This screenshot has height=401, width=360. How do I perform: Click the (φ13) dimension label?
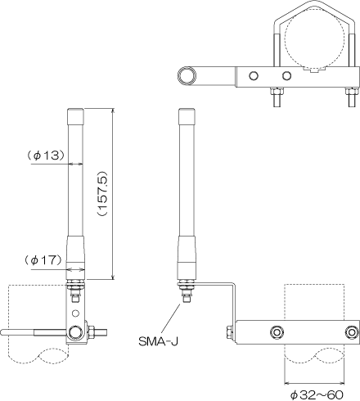(x=46, y=155)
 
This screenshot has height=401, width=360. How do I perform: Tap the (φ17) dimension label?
(x=44, y=260)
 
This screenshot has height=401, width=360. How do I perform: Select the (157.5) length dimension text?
(x=103, y=194)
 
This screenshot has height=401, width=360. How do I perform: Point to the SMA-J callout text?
(x=158, y=341)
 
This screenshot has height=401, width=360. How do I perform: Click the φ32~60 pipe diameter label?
(x=317, y=394)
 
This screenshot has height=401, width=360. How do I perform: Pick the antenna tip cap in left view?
(x=75, y=116)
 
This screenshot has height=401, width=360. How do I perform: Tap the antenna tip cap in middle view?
(x=187, y=116)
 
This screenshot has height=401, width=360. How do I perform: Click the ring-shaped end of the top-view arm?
(x=187, y=75)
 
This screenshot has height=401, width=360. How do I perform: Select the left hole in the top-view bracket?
(x=254, y=75)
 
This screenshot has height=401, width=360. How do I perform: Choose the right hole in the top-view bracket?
(x=286, y=75)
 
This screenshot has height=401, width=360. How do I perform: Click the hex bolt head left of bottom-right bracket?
(x=230, y=331)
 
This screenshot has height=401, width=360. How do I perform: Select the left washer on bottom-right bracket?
(x=277, y=331)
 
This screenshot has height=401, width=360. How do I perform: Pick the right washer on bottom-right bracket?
(x=352, y=331)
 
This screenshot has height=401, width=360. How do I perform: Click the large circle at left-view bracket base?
(x=76, y=332)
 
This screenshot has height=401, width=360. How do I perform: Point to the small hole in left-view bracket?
(x=76, y=313)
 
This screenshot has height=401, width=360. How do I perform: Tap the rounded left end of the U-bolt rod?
(x=3, y=332)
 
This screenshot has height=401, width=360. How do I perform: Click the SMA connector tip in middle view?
(x=187, y=300)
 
